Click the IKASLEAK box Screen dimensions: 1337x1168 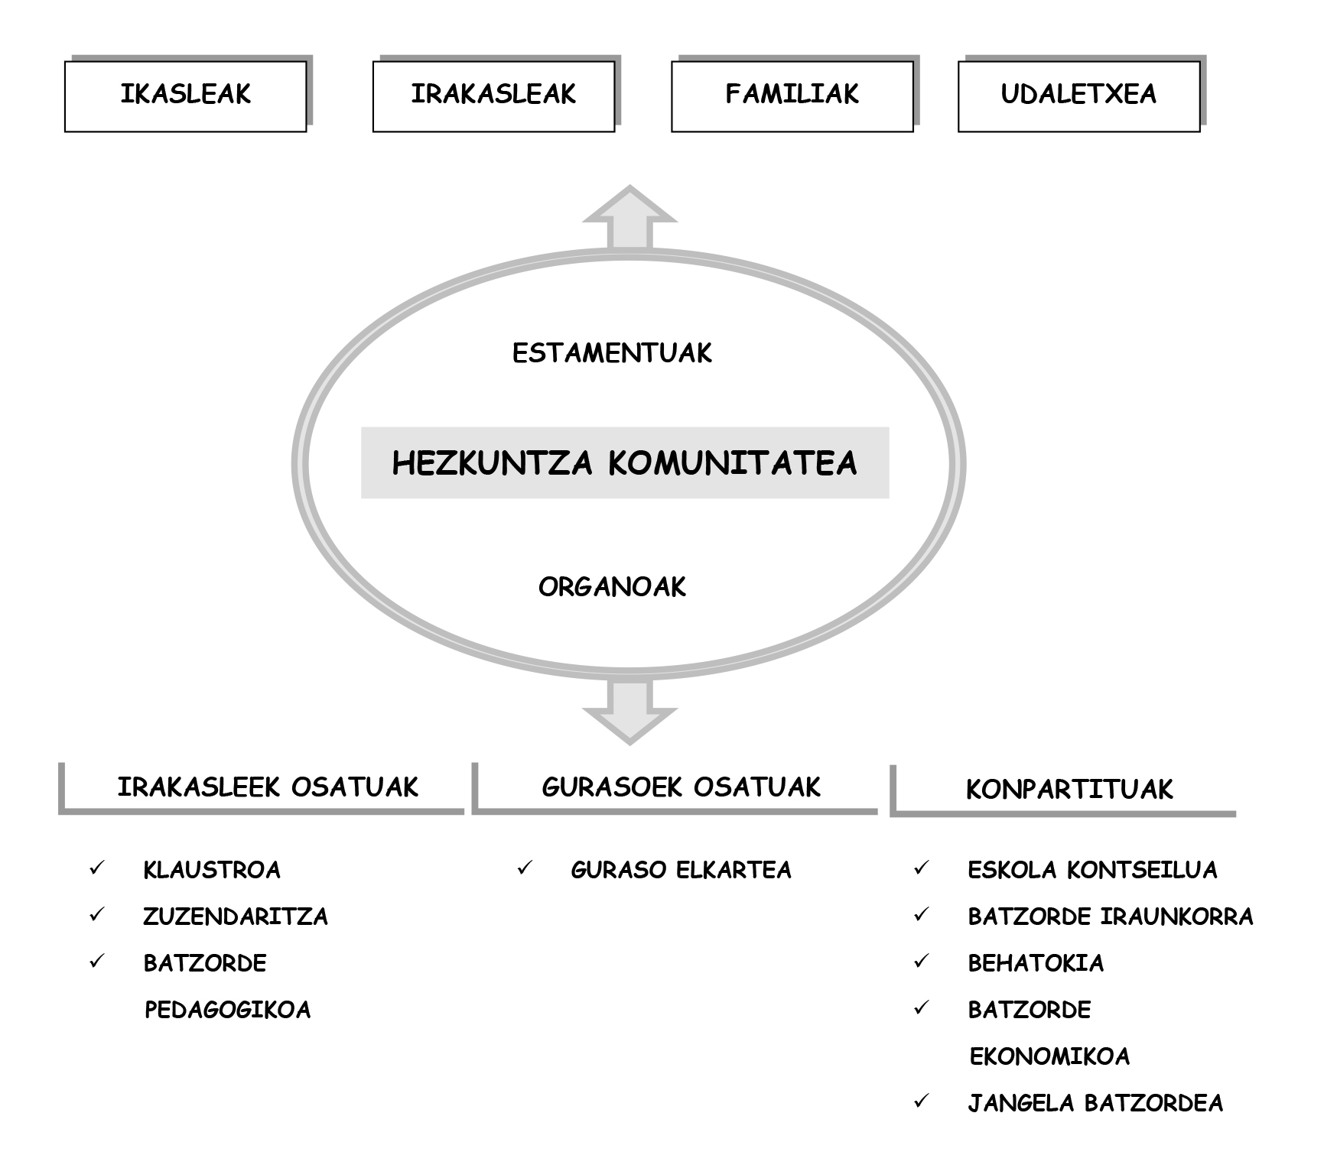(186, 96)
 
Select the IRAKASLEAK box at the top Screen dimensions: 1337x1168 (494, 96)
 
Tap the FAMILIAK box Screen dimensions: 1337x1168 (792, 96)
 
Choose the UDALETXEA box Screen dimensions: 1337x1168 (1079, 96)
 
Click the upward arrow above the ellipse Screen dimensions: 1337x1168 (629, 218)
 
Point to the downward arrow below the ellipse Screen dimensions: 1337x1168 (629, 711)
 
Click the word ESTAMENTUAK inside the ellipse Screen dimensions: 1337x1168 (612, 353)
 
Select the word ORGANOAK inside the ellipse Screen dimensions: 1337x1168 (612, 587)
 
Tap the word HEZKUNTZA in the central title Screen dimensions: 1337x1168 (493, 463)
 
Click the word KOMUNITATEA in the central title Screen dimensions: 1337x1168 (733, 463)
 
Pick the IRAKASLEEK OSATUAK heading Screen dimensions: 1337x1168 (268, 787)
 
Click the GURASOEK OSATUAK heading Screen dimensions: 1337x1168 (681, 787)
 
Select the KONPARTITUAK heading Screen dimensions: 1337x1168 (1069, 790)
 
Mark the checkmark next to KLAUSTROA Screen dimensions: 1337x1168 (97, 868)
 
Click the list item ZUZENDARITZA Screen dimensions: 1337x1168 (236, 917)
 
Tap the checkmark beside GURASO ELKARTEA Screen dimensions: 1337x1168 (525, 868)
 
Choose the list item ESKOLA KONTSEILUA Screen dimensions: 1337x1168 (1092, 870)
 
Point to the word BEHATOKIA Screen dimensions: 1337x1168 (1036, 963)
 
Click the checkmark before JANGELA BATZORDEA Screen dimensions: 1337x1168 (922, 1101)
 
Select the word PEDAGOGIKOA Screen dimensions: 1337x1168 (228, 1010)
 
